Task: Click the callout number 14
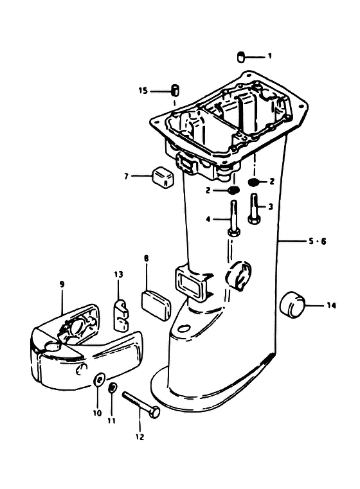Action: [331, 306]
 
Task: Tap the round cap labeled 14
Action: [293, 305]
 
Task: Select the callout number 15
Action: [143, 91]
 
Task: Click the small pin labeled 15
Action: [175, 89]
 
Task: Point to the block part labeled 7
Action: [163, 177]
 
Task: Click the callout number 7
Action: [126, 177]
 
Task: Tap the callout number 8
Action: [147, 258]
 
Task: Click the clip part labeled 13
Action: [120, 316]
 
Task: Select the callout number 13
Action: [118, 274]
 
